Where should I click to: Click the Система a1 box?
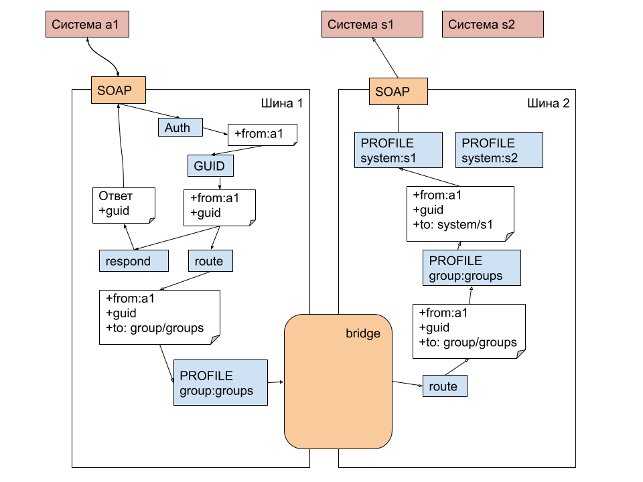coord(86,25)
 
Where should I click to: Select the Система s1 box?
coord(372,25)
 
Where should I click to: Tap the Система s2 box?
coord(492,25)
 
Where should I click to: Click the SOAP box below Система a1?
coord(119,90)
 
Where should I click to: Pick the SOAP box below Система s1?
coord(398,92)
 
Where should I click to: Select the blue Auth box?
coord(180,127)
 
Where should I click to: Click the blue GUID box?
coord(210,165)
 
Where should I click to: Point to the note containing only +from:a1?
coord(262,135)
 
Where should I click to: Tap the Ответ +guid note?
coord(124,205)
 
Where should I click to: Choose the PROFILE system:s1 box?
coord(398,150)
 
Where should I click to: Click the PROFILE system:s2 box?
coord(499,150)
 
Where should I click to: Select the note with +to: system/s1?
coord(460,213)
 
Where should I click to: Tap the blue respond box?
coord(133,261)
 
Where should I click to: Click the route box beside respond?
coord(210,261)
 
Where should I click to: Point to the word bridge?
coord(362,333)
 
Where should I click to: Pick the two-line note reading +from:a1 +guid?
coord(219,207)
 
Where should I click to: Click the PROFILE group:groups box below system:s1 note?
coord(472,268)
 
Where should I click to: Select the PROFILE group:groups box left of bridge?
coord(220,382)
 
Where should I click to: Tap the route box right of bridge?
coord(445,386)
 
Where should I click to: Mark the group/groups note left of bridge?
coord(159,317)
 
